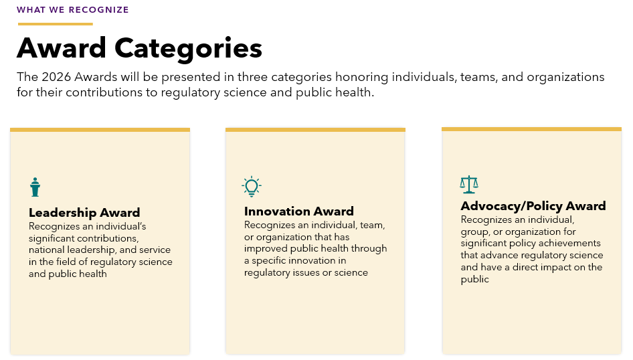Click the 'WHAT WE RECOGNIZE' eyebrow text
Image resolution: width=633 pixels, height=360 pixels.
click(x=73, y=10)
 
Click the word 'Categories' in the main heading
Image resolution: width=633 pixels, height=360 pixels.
click(x=188, y=48)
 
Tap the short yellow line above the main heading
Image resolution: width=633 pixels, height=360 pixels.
click(x=55, y=24)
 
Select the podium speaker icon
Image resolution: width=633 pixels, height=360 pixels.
click(x=35, y=187)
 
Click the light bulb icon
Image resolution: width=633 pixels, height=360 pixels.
click(x=251, y=187)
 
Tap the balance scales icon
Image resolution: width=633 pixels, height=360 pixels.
click(x=469, y=184)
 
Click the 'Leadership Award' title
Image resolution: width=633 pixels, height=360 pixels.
click(x=84, y=213)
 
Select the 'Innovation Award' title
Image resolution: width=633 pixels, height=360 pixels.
click(x=298, y=211)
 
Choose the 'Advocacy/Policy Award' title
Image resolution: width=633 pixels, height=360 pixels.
click(x=533, y=205)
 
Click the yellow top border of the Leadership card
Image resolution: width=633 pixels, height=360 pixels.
click(x=100, y=130)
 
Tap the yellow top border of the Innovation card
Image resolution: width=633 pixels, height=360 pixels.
click(x=315, y=130)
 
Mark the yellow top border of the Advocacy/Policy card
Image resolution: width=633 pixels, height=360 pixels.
click(x=531, y=129)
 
